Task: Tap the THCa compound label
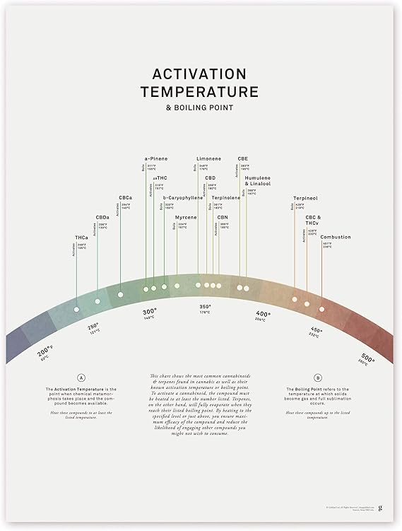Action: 81,237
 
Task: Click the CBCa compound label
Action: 126,197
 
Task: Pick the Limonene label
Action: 208,159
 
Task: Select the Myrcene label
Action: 186,217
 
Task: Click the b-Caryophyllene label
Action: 183,198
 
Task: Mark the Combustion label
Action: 335,237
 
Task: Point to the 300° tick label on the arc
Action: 149,311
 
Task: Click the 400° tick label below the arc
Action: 263,313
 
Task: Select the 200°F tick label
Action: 46,351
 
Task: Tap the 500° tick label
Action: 367,358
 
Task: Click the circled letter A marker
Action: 81,378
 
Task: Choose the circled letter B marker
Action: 318,378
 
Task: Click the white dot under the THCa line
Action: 76,309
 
